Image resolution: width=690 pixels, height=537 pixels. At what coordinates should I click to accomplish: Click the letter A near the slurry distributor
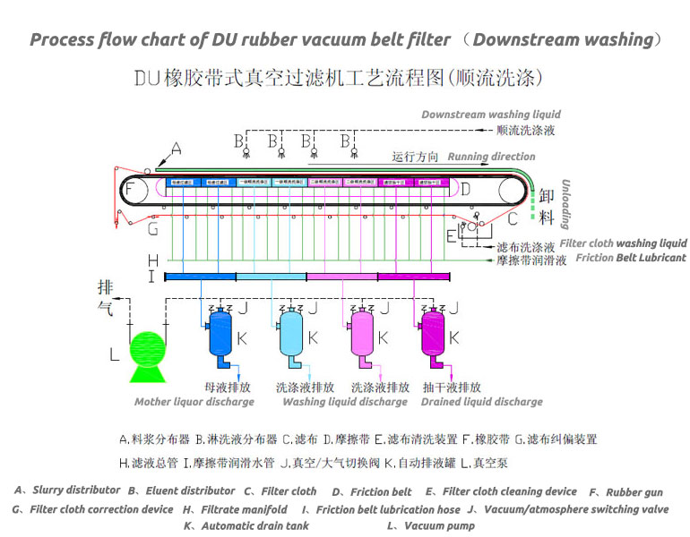coord(176,149)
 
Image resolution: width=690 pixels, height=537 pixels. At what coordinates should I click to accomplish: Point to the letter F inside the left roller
coord(131,190)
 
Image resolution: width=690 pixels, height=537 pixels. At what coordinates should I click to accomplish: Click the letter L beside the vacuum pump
coord(114,354)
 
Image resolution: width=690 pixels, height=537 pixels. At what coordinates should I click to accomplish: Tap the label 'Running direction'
coord(491,157)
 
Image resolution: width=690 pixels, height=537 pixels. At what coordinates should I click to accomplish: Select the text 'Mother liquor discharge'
coord(194,402)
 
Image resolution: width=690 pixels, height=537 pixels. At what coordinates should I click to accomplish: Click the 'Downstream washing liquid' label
coord(491,115)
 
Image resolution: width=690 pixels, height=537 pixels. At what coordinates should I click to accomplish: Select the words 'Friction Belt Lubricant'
coord(631,258)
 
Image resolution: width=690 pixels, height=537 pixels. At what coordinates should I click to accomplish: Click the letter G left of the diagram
coord(153,230)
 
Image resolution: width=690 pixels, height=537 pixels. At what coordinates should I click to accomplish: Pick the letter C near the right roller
coord(513,217)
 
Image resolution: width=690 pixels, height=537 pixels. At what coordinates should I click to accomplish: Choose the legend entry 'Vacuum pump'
coord(439,526)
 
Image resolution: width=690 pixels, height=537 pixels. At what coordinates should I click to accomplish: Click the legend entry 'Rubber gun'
coord(634,492)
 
